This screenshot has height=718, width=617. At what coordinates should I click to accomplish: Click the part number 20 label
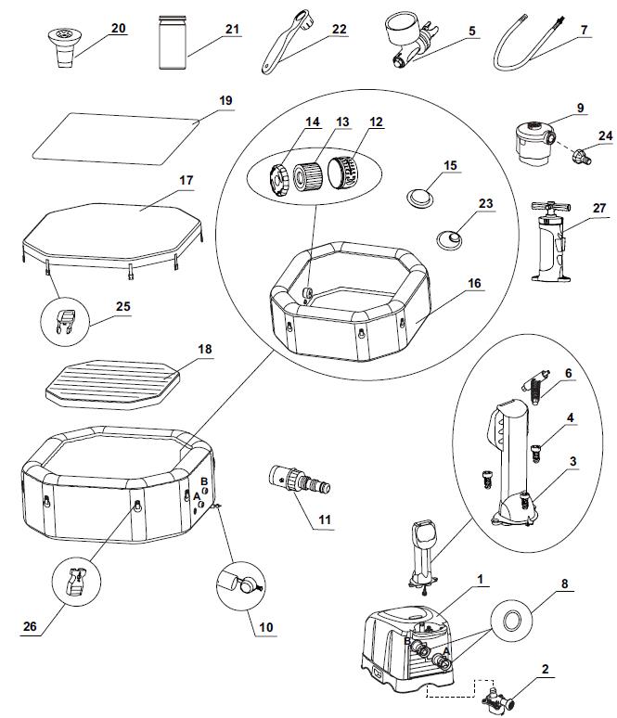(x=118, y=29)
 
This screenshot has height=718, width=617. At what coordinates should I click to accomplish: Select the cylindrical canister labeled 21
(x=173, y=42)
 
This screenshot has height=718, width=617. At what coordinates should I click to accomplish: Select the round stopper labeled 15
(x=420, y=198)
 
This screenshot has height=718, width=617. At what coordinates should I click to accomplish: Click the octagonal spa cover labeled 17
(x=112, y=238)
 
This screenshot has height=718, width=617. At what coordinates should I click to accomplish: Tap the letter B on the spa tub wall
(x=204, y=481)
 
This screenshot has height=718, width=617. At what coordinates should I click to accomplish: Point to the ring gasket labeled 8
(x=511, y=622)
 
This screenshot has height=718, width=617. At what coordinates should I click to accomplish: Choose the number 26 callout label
(x=30, y=626)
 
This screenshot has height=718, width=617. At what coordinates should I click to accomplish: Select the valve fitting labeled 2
(x=497, y=699)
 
